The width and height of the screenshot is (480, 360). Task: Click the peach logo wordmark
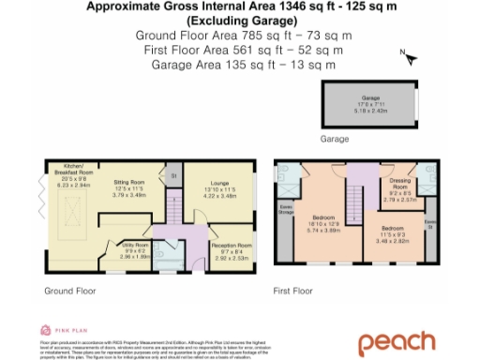[410, 342]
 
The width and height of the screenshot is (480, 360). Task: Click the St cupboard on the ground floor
[174, 175]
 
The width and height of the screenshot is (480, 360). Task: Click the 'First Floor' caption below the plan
[292, 292]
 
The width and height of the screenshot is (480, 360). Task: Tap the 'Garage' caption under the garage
[335, 138]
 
